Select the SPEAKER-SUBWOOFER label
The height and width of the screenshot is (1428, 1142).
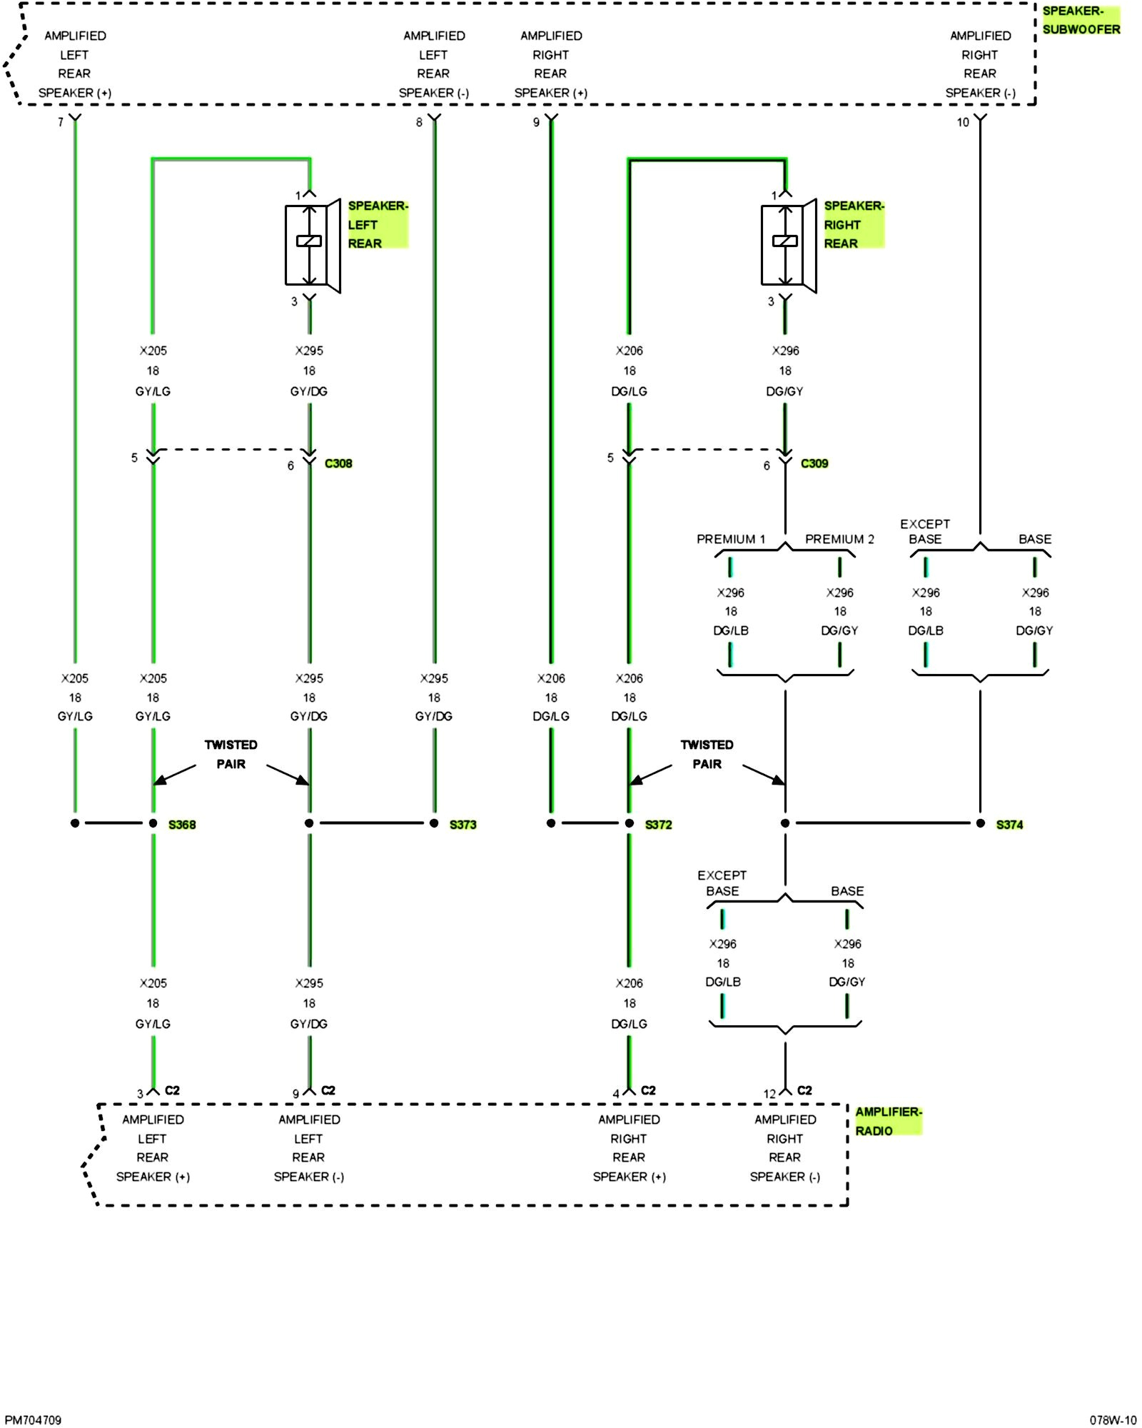pyautogui.click(x=1081, y=20)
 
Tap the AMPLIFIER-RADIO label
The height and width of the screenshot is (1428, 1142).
pyautogui.click(x=888, y=1121)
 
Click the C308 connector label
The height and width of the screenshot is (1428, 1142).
pyautogui.click(x=338, y=463)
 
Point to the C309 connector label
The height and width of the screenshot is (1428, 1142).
pyautogui.click(x=814, y=463)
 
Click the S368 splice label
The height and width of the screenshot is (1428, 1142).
pyautogui.click(x=182, y=825)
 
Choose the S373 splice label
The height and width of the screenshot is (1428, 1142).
pyautogui.click(x=463, y=825)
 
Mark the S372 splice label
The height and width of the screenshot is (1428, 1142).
pyautogui.click(x=658, y=825)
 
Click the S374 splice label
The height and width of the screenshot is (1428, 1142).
pyautogui.click(x=1009, y=825)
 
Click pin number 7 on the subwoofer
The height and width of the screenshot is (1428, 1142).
pyautogui.click(x=61, y=122)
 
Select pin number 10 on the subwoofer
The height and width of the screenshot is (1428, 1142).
pyautogui.click(x=963, y=122)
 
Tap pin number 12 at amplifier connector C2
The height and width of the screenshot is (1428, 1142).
pyautogui.click(x=769, y=1094)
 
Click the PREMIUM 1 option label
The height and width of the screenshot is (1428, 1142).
pyautogui.click(x=731, y=539)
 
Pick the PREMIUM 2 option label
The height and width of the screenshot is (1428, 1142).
pyautogui.click(x=839, y=539)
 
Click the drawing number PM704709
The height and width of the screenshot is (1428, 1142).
pyautogui.click(x=33, y=1420)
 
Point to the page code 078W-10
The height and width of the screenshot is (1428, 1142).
pyautogui.click(x=1113, y=1420)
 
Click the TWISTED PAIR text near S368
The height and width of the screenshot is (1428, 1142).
pyautogui.click(x=231, y=754)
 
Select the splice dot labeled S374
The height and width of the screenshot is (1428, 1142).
pyautogui.click(x=980, y=823)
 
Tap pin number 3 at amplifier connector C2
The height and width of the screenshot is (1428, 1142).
pyautogui.click(x=141, y=1094)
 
